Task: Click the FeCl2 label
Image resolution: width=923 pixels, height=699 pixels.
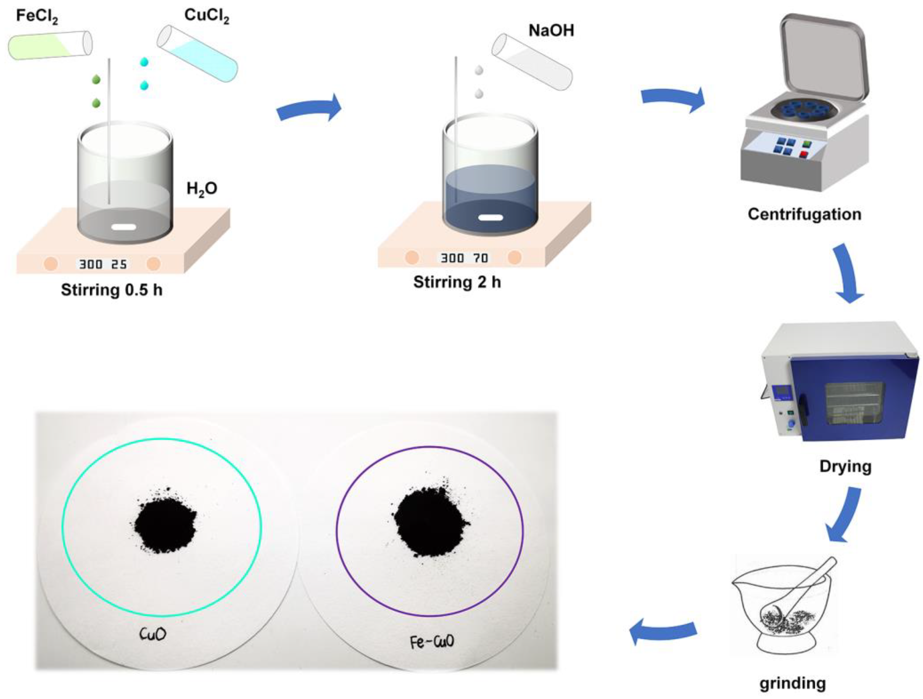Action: pyautogui.click(x=37, y=17)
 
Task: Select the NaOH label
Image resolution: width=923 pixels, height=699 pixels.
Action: pyautogui.click(x=551, y=31)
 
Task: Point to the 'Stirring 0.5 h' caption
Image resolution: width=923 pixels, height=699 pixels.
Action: pyautogui.click(x=111, y=290)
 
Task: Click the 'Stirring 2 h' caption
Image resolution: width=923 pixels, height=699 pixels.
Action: pyautogui.click(x=457, y=282)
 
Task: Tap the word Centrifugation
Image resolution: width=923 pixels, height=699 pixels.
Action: pyautogui.click(x=804, y=214)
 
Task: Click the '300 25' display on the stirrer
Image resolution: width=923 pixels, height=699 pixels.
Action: pyautogui.click(x=103, y=264)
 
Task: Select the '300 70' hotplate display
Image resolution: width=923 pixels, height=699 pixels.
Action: pyautogui.click(x=464, y=258)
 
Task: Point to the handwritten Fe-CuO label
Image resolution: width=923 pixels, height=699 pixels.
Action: pyautogui.click(x=431, y=641)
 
